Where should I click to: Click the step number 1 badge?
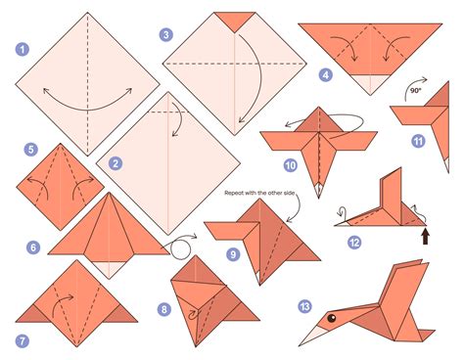[x=22, y=48]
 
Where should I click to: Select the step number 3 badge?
[x=167, y=34]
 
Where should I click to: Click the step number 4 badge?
[x=325, y=74]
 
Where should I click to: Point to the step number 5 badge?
[x=33, y=150]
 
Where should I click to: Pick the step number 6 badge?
[x=33, y=247]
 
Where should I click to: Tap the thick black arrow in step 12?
[x=425, y=236]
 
